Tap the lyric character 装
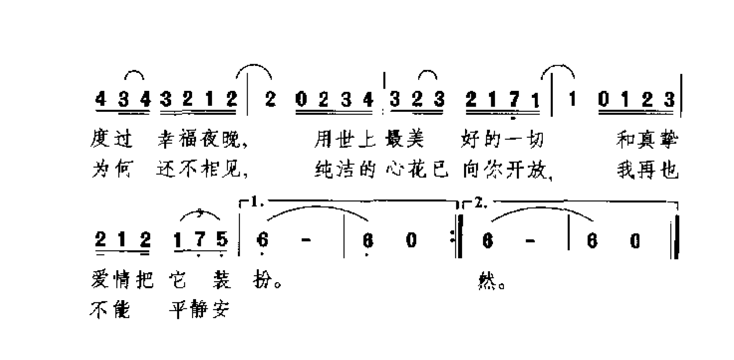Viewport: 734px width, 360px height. point(221,280)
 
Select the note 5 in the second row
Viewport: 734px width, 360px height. point(222,240)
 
